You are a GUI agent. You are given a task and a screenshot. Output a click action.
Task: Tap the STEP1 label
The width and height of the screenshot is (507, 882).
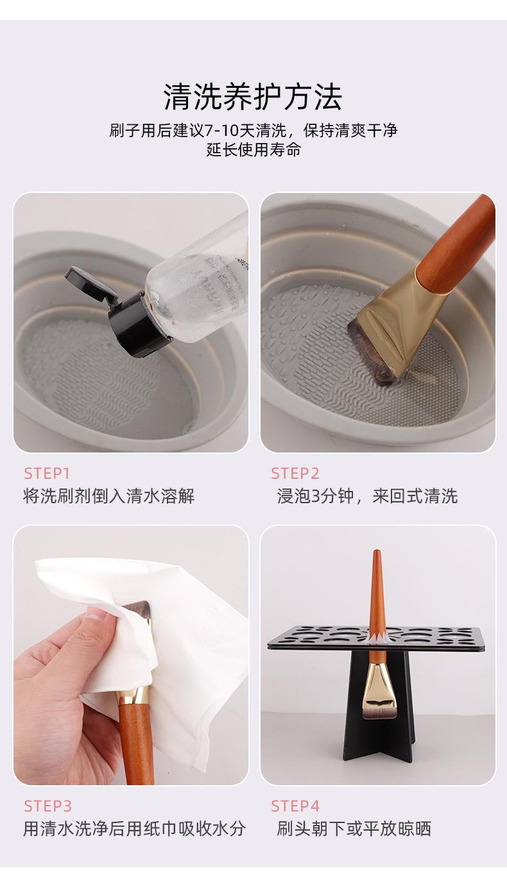pyautogui.click(x=47, y=473)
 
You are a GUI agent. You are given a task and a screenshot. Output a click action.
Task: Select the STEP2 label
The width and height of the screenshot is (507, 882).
pyautogui.click(x=295, y=473)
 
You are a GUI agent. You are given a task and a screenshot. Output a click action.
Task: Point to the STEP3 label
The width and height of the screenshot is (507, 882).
pyautogui.click(x=47, y=806)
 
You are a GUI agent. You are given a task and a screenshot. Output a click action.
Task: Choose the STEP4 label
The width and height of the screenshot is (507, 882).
pyautogui.click(x=295, y=806)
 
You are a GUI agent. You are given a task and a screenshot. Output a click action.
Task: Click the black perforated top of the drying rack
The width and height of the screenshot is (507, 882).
pyautogui.click(x=376, y=638)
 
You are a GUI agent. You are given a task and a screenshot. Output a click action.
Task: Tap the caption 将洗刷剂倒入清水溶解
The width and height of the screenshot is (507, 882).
pyautogui.click(x=109, y=496)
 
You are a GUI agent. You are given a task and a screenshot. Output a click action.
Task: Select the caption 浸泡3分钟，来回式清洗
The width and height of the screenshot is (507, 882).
pyautogui.click(x=367, y=496)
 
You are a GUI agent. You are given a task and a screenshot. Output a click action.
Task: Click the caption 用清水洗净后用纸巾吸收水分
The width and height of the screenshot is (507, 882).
pyautogui.click(x=134, y=829)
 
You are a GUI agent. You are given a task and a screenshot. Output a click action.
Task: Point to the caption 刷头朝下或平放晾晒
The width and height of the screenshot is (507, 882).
pyautogui.click(x=354, y=829)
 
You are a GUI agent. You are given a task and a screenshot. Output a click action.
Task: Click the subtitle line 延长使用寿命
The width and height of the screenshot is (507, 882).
pyautogui.click(x=253, y=149)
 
